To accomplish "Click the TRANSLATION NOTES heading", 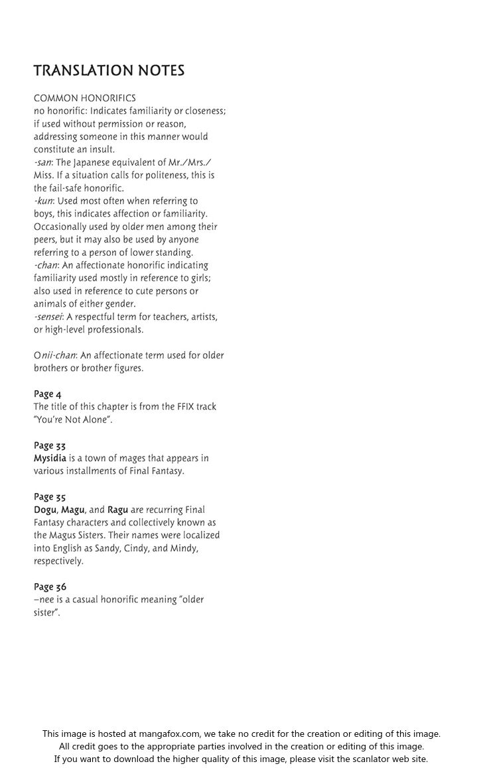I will [x=109, y=71].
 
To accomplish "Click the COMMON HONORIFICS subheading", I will [x=85, y=98].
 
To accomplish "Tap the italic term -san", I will [x=43, y=162].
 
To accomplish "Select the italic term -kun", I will [x=44, y=201].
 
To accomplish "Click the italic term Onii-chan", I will [x=55, y=355].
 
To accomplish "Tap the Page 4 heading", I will [x=48, y=394].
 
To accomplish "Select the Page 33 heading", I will [x=50, y=445].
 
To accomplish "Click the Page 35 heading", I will [x=50, y=497].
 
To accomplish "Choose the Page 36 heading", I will [x=50, y=587].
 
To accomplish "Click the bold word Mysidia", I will [x=50, y=458].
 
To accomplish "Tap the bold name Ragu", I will [x=117, y=510].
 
